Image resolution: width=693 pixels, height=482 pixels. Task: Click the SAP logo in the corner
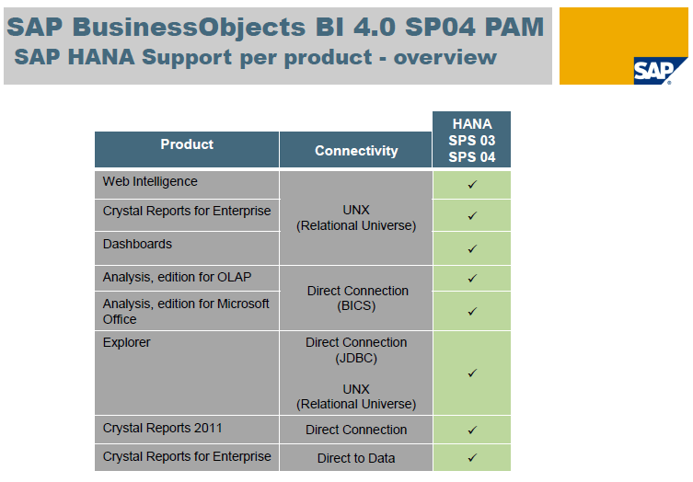[660, 70]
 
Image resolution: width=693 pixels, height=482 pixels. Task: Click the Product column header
[187, 144]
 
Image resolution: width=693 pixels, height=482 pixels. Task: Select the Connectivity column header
[356, 150]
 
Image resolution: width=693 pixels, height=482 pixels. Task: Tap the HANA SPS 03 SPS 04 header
[472, 140]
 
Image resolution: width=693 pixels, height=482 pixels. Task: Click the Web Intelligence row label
[150, 182]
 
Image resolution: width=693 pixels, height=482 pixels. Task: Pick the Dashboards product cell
[137, 245]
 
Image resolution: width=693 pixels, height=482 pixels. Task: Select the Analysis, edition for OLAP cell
[177, 277]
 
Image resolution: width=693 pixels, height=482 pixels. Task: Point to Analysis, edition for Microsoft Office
[186, 311]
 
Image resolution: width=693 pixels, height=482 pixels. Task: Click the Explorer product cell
[127, 343]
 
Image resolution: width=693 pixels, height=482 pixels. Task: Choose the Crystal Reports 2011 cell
[162, 429]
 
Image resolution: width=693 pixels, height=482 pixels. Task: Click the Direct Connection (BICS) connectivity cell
[356, 298]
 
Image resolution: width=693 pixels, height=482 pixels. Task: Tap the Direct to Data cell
[356, 457]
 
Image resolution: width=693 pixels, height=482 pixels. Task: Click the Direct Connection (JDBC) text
[356, 350]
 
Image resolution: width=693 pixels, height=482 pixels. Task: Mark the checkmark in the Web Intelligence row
[472, 185]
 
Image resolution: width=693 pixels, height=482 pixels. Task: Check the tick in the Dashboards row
[472, 248]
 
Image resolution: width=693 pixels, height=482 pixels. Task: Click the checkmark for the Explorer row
[472, 373]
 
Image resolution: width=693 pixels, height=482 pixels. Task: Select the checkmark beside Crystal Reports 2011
[472, 430]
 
